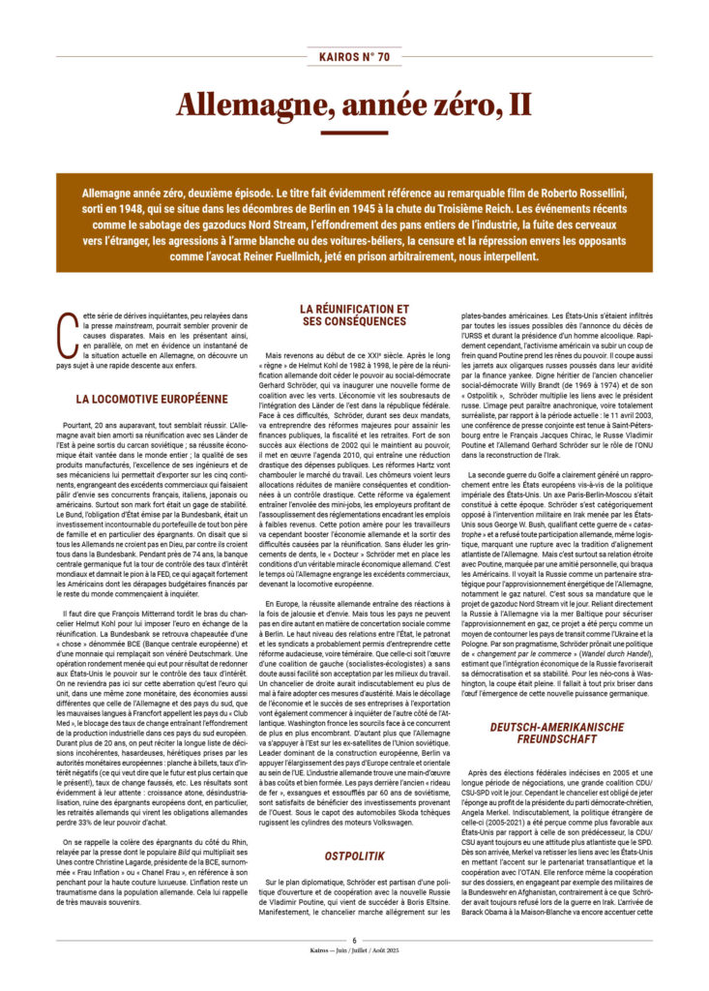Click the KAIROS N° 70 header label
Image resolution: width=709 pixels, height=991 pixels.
pos(354,57)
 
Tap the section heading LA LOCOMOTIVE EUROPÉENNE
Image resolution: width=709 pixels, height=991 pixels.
pos(153,398)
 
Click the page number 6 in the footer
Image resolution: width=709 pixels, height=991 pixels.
pos(354,967)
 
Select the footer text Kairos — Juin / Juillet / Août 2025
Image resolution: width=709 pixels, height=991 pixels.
pos(354,978)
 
